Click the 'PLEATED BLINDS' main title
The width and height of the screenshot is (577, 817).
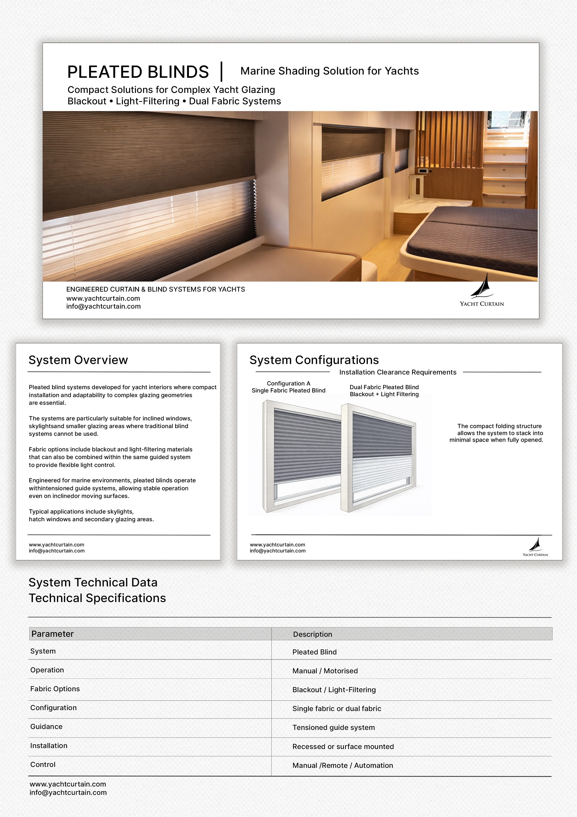point(138,72)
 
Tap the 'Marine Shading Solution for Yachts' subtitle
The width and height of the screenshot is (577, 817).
point(329,71)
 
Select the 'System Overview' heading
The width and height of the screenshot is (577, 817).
point(78,360)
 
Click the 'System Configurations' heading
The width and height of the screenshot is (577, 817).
point(314,360)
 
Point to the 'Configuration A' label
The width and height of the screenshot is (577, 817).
point(288,383)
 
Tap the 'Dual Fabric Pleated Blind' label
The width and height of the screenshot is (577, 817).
point(384,387)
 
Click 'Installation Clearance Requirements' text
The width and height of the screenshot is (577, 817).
point(397,372)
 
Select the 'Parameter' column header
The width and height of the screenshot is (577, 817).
point(53,634)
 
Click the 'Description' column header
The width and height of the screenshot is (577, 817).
point(312,634)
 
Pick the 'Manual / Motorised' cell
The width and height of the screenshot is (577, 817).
point(325,671)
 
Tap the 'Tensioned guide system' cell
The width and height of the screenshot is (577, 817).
point(333,727)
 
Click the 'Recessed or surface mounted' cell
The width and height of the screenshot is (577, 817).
point(343,746)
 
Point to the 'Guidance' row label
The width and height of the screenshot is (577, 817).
point(46,727)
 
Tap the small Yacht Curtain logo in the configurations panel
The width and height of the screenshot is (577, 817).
point(535,547)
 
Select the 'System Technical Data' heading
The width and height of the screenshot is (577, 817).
point(93,582)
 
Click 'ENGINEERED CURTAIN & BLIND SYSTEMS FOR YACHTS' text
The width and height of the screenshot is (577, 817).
point(155,289)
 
